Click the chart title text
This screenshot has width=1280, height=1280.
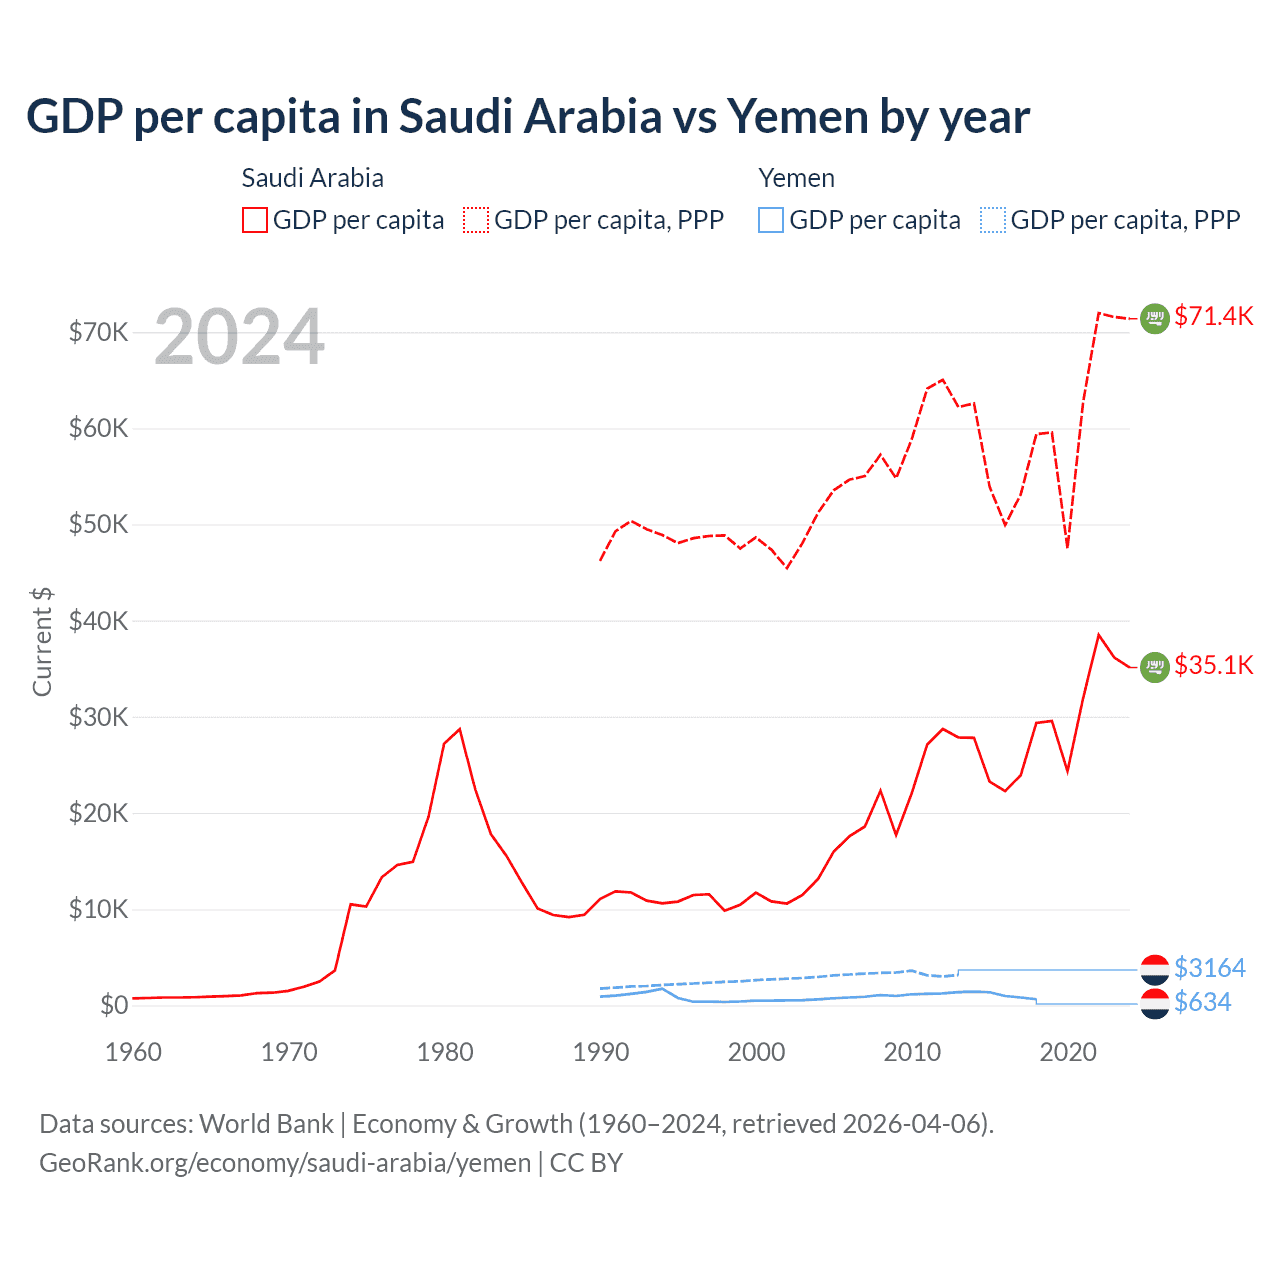tap(527, 117)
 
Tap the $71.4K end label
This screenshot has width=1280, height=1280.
tap(1213, 317)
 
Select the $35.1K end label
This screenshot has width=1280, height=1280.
tap(1213, 666)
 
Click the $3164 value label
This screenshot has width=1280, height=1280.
tap(1209, 968)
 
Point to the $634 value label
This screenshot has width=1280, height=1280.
tap(1202, 1002)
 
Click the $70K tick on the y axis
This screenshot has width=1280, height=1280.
tap(98, 332)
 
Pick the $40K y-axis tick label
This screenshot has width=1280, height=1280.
tap(98, 621)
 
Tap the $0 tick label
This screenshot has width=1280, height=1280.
tap(114, 1005)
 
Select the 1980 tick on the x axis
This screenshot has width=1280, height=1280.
tap(445, 1052)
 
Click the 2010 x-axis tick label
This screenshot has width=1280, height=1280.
tap(912, 1052)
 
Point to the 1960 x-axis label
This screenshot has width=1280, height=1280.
tap(133, 1052)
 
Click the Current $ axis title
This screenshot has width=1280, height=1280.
tap(42, 641)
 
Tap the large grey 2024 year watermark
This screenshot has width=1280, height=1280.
tap(239, 338)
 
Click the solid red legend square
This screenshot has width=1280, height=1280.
tap(255, 220)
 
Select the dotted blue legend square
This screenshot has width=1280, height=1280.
tap(992, 220)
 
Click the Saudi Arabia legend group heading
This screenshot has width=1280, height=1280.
tap(312, 178)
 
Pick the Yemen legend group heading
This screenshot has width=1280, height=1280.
tap(796, 178)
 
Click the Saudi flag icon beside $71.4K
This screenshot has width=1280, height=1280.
tap(1155, 318)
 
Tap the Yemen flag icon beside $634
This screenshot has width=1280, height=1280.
tap(1155, 1003)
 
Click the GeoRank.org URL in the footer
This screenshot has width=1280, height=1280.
tap(285, 1163)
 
